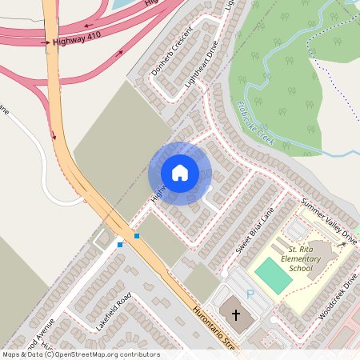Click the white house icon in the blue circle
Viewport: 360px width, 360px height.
click(x=180, y=173)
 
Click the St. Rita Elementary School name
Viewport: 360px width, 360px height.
click(x=299, y=259)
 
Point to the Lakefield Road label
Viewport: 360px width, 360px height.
click(x=113, y=311)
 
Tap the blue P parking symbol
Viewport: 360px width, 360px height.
click(x=250, y=294)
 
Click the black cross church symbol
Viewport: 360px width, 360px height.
click(x=235, y=315)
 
